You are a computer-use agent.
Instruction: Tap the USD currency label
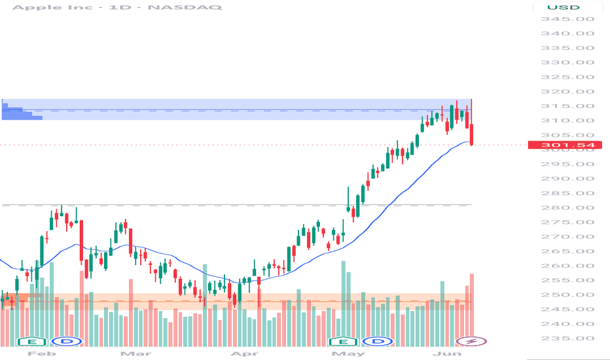pos(564,7)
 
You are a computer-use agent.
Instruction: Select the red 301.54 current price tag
pos(565,145)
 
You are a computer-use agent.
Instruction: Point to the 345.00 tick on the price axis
pos(567,19)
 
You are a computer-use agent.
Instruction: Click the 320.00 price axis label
pos(567,92)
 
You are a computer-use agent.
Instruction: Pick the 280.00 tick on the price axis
pos(567,207)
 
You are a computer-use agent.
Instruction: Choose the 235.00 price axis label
pos(567,338)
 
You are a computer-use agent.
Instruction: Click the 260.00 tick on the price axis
pos(567,266)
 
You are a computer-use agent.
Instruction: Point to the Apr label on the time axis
pos(244,353)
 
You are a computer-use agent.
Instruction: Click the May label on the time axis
pos(348,353)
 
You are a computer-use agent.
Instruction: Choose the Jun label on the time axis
pos(447,353)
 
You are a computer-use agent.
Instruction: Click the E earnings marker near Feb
pos(33,342)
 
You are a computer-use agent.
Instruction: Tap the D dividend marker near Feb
pos(67,342)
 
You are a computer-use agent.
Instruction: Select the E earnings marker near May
pos(344,342)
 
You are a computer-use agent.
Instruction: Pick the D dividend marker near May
pos(378,342)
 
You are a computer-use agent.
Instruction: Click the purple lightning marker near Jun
pos(471,341)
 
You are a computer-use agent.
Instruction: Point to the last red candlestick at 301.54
pos(471,135)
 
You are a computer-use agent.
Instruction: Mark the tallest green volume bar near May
pos(344,304)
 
